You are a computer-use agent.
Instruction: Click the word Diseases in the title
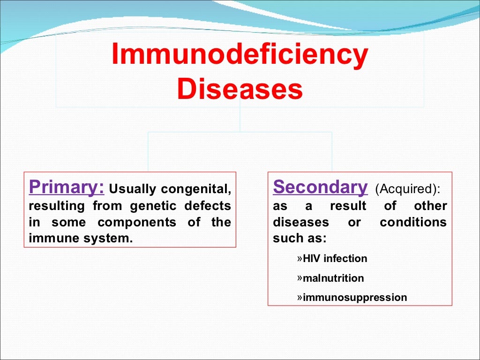(240, 90)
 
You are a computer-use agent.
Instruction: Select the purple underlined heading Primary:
(67, 187)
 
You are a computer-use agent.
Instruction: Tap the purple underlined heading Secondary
(321, 187)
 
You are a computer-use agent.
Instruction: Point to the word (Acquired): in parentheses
(407, 189)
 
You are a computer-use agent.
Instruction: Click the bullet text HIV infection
(335, 259)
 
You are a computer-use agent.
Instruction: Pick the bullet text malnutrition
(333, 278)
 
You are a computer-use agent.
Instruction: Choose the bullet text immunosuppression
(355, 298)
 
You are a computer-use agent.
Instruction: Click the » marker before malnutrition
(300, 278)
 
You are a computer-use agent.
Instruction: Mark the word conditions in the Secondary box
(413, 222)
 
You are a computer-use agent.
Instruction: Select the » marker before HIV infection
(300, 258)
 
